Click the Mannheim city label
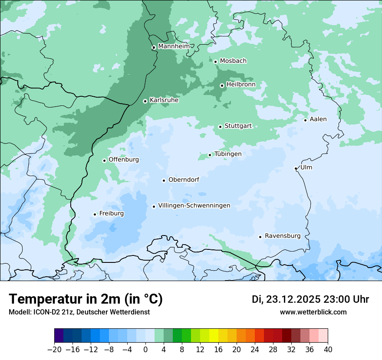coord(174,46)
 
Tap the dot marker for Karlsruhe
coord(145,101)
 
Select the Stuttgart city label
coord(238,126)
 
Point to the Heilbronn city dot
coord(222,85)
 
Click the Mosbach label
coord(233,61)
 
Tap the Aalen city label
coord(318,119)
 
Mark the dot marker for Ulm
coord(296,168)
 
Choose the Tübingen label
coord(228,154)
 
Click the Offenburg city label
coord(124,159)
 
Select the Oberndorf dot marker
coord(164,180)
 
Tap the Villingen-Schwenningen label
coord(194,206)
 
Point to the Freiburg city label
coord(112,213)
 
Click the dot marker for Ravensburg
coord(260,237)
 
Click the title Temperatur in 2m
coord(86,299)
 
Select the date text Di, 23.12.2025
coord(286,299)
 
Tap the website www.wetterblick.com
coord(313,312)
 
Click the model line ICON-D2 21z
coord(79,312)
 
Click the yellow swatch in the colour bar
coord(214,335)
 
